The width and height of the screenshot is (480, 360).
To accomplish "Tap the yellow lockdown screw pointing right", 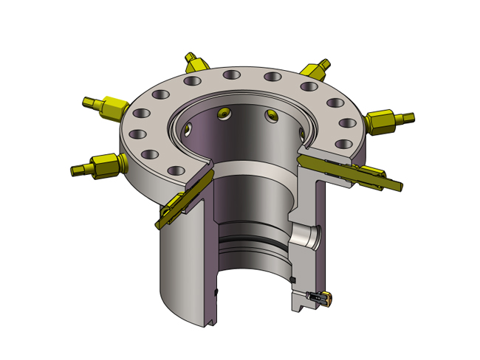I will pyautogui.click(x=388, y=119).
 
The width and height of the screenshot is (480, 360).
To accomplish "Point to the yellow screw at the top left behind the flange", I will pyautogui.click(x=194, y=61).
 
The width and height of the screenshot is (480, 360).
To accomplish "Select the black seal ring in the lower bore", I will pyautogui.click(x=251, y=243).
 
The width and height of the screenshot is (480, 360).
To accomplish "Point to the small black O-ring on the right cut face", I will pyautogui.click(x=295, y=280).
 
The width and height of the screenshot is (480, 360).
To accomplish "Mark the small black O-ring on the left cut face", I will pyautogui.click(x=216, y=293).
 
